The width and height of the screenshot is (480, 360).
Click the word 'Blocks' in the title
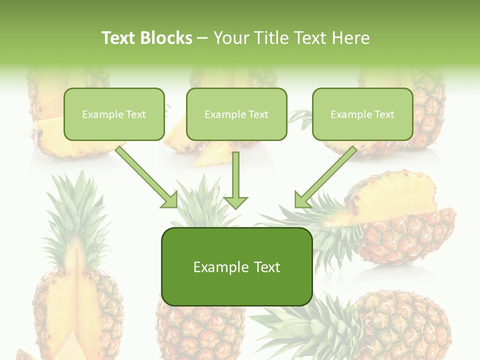167,38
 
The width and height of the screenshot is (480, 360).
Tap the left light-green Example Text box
114,114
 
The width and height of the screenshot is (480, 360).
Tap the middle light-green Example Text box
236,114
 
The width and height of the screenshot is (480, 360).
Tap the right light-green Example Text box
362,114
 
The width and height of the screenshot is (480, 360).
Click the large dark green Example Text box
236,266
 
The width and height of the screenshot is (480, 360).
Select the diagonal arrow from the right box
327,175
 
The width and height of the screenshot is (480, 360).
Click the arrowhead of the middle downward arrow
235,201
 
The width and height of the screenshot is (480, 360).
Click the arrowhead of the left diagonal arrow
170,200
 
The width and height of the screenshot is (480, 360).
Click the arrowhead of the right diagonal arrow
302,199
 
